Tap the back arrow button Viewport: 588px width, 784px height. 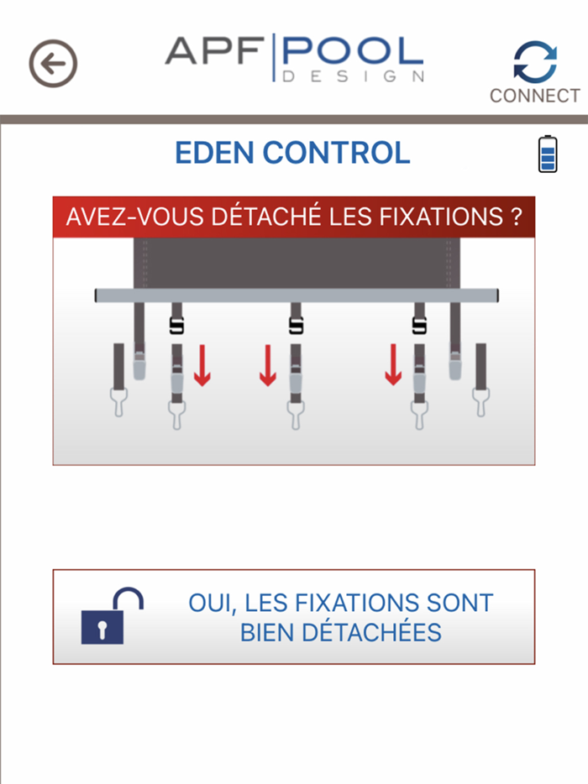click(53, 64)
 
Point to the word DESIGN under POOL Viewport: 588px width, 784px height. click(354, 76)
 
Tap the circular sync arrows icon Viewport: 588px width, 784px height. click(535, 61)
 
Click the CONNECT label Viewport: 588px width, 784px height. click(535, 96)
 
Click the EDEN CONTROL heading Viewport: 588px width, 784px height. click(292, 153)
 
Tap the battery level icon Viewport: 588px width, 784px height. click(548, 154)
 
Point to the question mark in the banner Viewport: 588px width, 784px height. click(516, 217)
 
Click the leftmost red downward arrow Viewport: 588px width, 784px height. click(202, 366)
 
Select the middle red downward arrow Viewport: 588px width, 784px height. click(268, 366)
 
